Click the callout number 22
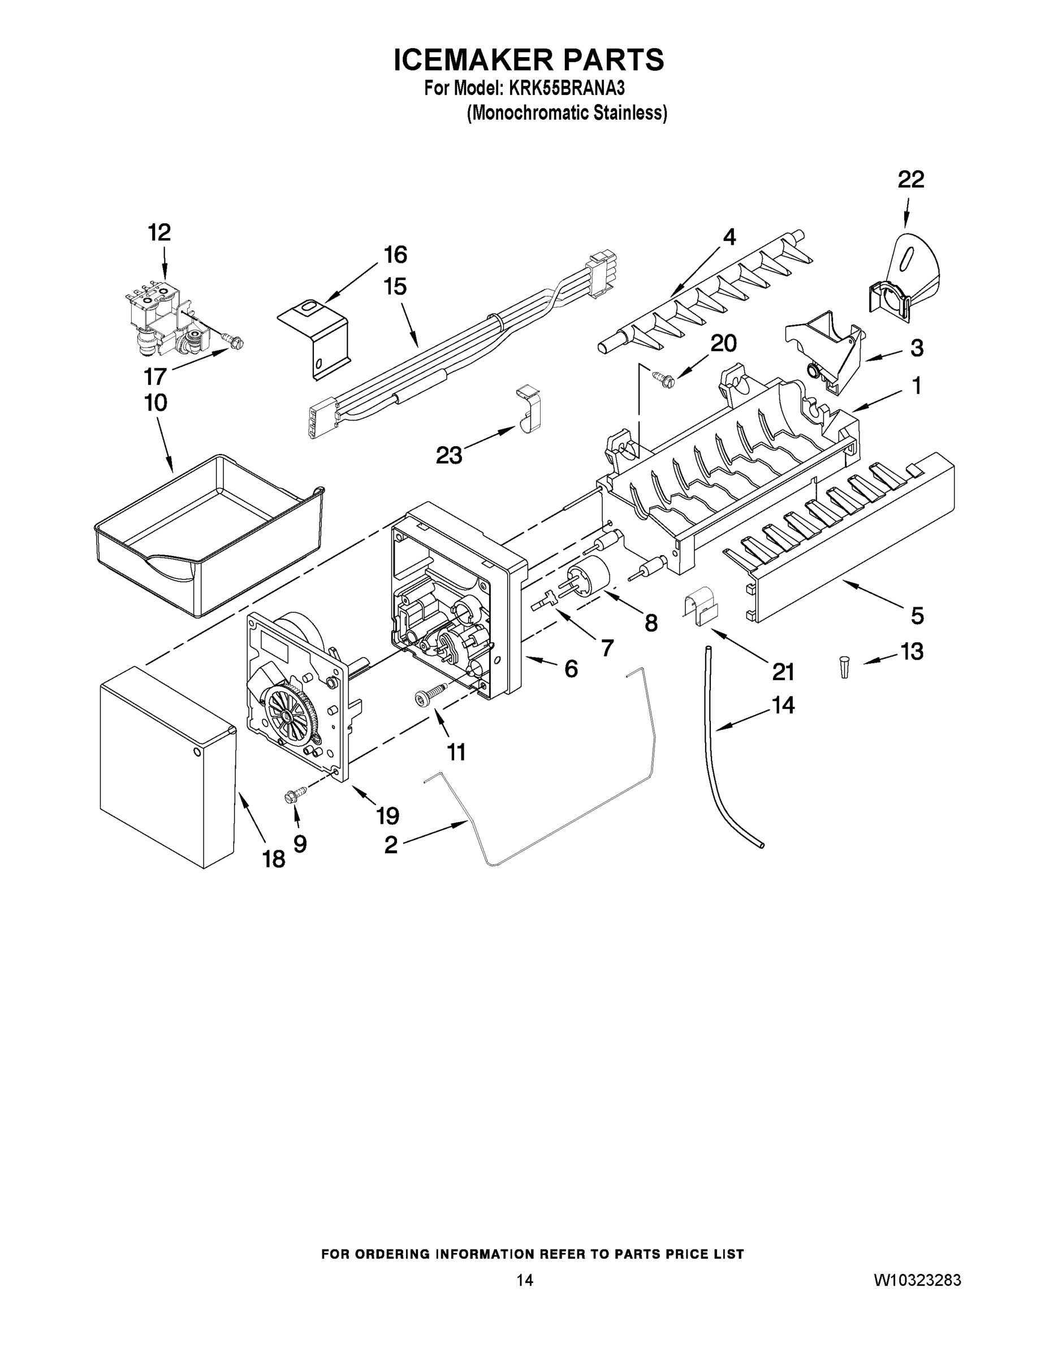click(910, 180)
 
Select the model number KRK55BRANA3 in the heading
click(566, 88)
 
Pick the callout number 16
click(395, 255)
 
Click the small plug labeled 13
click(844, 667)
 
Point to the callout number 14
click(783, 705)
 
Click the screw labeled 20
click(661, 375)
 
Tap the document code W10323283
click(917, 1280)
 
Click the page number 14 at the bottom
click(525, 1280)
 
